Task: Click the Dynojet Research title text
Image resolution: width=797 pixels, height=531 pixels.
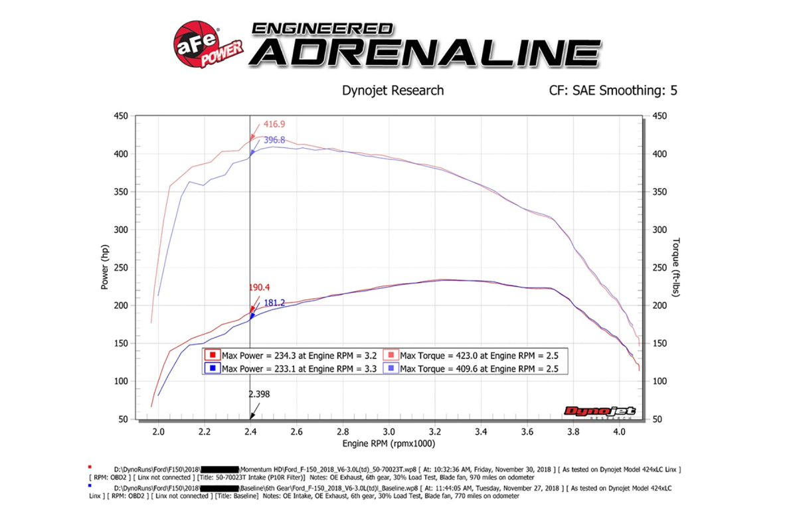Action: click(393, 90)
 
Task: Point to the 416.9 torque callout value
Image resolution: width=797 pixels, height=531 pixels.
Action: click(274, 124)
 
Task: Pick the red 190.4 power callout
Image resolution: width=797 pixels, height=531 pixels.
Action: click(260, 288)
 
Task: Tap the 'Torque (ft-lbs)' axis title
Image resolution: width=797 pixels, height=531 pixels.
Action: click(676, 267)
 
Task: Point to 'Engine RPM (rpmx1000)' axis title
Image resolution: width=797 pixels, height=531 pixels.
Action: click(389, 443)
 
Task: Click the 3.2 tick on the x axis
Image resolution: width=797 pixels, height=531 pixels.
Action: click(435, 431)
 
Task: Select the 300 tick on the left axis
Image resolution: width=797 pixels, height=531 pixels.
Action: click(119, 230)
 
